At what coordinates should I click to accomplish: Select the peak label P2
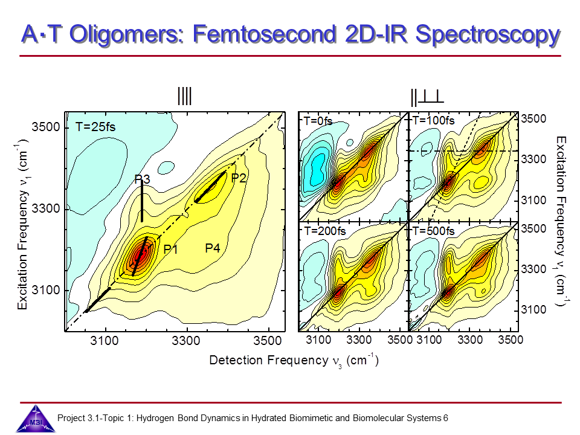point(239,178)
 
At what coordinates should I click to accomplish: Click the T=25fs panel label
point(95,127)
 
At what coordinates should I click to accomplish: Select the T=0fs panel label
point(318,120)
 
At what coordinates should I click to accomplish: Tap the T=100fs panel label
point(433,120)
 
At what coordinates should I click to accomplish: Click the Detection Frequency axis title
point(294,361)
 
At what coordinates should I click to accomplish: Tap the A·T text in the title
point(40,34)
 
